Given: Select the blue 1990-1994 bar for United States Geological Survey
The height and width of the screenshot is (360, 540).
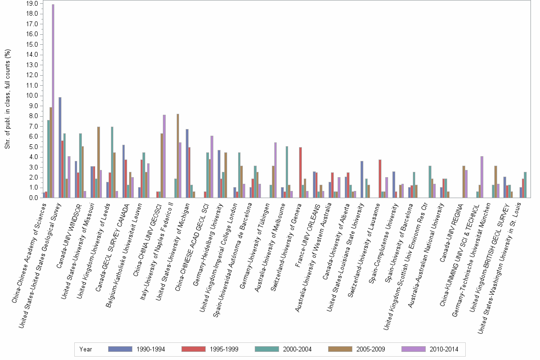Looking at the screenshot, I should pyautogui.click(x=60, y=147).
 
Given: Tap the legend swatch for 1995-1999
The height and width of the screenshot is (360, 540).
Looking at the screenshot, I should pyautogui.click(x=193, y=349).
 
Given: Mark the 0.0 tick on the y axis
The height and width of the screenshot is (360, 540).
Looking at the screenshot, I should pyautogui.click(x=34, y=198).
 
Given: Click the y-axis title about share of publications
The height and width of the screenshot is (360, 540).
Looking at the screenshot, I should pyautogui.click(x=8, y=100).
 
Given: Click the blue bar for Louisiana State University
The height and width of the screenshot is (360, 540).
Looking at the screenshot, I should pyautogui.click(x=362, y=179).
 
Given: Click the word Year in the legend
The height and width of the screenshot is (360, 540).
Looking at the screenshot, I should pyautogui.click(x=86, y=349).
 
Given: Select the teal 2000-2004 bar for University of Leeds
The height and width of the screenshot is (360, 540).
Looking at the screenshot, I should pyautogui.click(x=112, y=162).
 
